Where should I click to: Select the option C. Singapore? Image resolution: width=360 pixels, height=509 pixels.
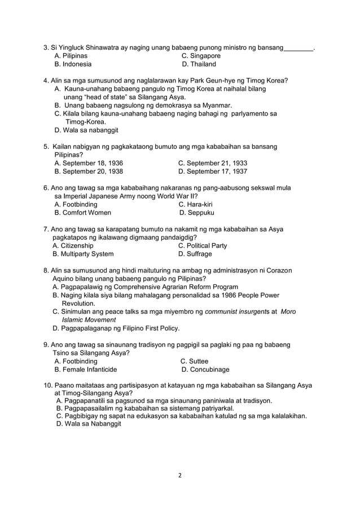[x=201, y=56]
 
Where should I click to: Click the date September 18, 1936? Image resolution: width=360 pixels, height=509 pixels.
[x=89, y=163]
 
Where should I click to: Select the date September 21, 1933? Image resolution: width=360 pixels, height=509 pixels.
[x=212, y=163]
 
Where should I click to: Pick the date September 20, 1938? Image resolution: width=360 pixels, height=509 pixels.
[x=89, y=172]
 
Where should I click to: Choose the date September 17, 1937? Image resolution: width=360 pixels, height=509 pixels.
[x=212, y=172]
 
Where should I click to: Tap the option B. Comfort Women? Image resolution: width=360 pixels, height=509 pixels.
[x=82, y=213]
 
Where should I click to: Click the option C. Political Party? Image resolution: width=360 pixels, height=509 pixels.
[x=203, y=245]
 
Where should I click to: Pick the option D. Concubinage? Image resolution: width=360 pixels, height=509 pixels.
[x=205, y=370]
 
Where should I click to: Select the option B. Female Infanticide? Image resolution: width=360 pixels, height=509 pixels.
[x=86, y=370]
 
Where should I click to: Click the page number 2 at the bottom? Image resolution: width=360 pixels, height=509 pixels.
[x=180, y=475]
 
